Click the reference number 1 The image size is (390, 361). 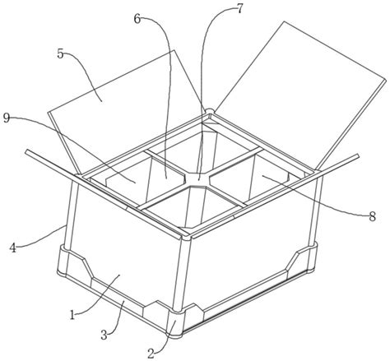[x=72, y=315]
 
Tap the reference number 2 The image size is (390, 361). [x=151, y=354]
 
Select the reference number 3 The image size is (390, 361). [x=104, y=335]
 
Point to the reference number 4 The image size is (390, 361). [x=13, y=248]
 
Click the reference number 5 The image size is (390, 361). [x=61, y=54]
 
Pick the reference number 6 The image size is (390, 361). [x=137, y=19]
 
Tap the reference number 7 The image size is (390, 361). [x=239, y=9]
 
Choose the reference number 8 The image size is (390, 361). [x=372, y=217]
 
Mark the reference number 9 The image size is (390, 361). [x=7, y=118]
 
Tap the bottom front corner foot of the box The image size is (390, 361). [x=174, y=323]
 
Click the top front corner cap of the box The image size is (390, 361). [x=187, y=236]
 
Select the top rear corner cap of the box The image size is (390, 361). [x=209, y=111]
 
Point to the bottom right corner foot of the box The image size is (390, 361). [x=313, y=257]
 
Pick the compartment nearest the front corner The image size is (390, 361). [x=192, y=207]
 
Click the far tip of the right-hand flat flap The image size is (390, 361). [x=358, y=156]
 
